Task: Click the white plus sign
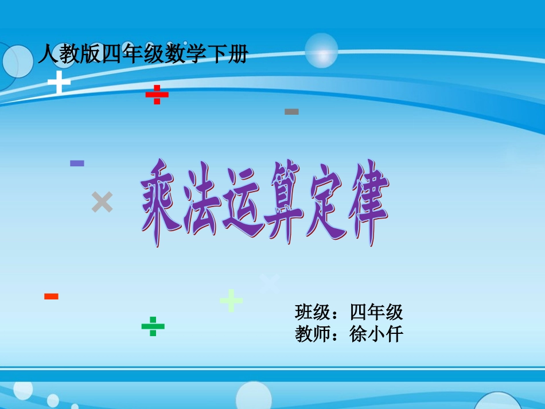tap(59, 82)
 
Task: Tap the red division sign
tap(157, 95)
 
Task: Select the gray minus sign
tap(291, 111)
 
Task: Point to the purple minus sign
tap(77, 163)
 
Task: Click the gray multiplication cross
tap(102, 202)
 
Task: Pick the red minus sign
tap(52, 297)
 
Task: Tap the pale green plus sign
tap(231, 300)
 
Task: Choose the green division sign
tap(153, 326)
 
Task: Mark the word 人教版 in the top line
tap(69, 55)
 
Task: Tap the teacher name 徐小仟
tap(376, 334)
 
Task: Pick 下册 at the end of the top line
tap(230, 55)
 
